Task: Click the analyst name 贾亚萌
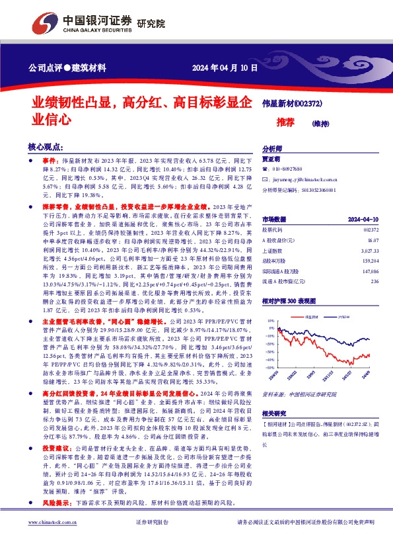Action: pyautogui.click(x=271, y=159)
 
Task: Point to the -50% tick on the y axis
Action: pyautogui.click(x=269, y=368)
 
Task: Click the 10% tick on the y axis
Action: pyautogui.click(x=270, y=320)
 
